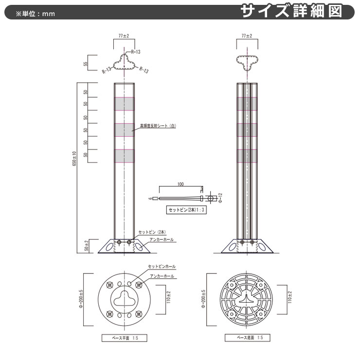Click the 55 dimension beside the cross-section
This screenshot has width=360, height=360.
tap(86, 64)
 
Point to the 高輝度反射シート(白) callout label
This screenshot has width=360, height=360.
tap(158, 126)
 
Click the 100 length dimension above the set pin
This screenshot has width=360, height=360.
tap(180, 185)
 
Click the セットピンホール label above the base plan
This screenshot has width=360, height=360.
tap(162, 267)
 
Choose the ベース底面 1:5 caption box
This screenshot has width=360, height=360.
tap(247, 337)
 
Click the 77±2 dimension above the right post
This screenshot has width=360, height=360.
tap(247, 36)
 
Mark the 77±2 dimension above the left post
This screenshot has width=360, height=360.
tap(124, 36)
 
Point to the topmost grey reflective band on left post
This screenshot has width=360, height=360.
tap(125, 104)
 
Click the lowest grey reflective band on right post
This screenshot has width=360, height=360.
tap(247, 155)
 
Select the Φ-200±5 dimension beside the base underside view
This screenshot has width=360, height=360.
tap(203, 300)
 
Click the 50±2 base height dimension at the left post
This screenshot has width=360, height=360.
tap(86, 246)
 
